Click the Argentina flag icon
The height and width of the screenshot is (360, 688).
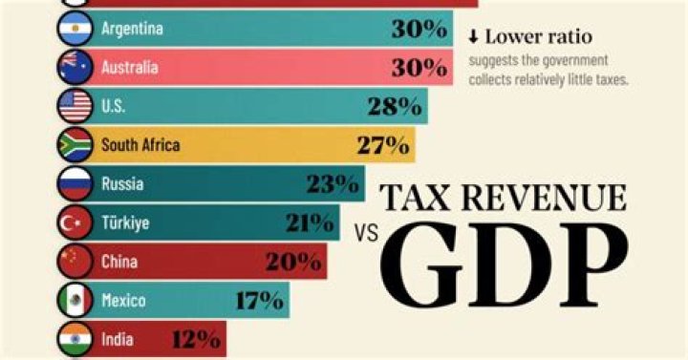pos(75,30)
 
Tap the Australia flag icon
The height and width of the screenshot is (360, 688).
pos(75,68)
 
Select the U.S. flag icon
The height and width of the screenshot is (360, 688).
pos(75,107)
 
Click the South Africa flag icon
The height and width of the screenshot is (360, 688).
pos(75,145)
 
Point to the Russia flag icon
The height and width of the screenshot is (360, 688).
pos(75,184)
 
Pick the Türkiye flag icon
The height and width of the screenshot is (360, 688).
pos(75,223)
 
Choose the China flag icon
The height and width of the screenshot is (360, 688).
pos(75,262)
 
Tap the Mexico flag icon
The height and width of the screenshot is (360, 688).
pos(75,301)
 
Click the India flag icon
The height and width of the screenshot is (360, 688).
pos(75,338)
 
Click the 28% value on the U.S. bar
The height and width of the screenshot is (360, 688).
pos(395,107)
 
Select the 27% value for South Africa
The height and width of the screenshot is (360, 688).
pos(382,146)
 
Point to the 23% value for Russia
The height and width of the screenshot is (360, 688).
pos(333,184)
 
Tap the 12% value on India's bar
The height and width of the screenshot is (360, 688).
pos(197,338)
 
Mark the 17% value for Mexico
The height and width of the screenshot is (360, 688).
pos(258,301)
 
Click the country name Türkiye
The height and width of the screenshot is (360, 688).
pos(126,223)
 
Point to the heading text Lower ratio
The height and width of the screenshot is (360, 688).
pos(538,37)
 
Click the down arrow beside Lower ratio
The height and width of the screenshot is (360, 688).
pos(473,37)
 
